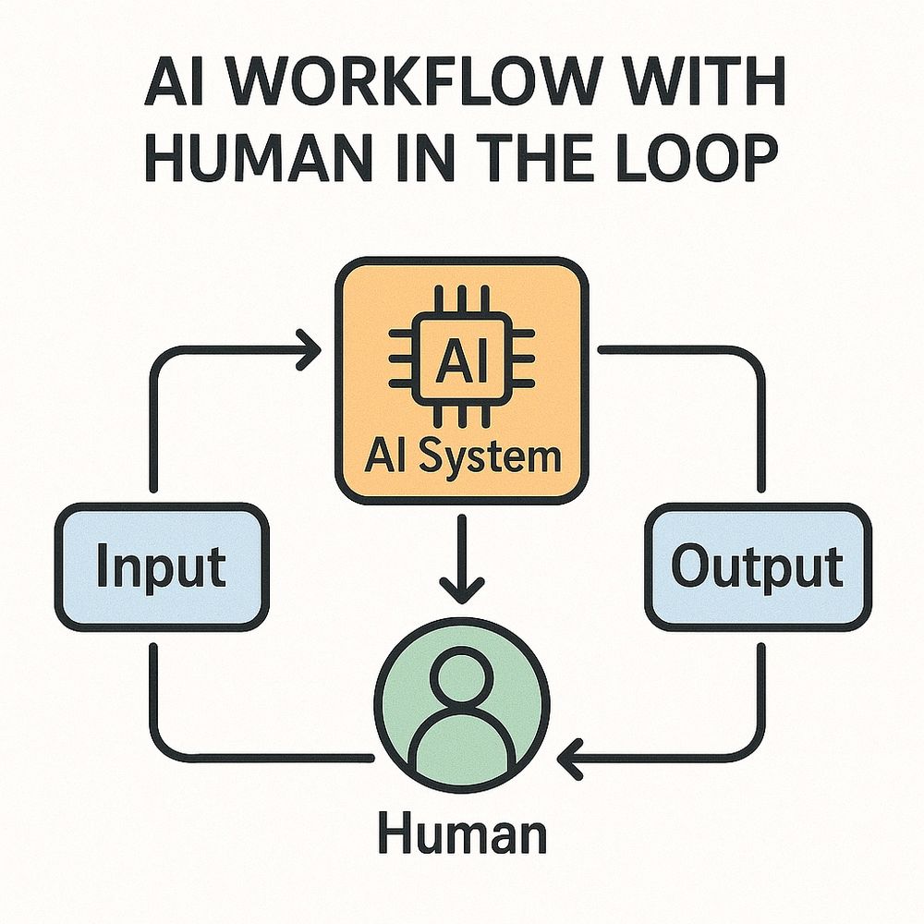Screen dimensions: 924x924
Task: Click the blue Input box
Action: [x=162, y=565]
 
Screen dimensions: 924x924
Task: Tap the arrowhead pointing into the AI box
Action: [x=309, y=351]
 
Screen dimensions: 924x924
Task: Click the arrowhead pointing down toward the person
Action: [x=460, y=586]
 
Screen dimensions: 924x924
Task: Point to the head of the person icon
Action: [x=460, y=680]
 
